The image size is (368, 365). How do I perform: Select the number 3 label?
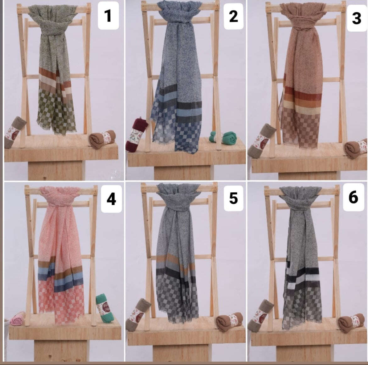(356, 18)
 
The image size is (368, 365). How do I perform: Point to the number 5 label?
(233, 198)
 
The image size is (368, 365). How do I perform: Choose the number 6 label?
(353, 197)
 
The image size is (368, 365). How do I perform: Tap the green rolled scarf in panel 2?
(225, 138)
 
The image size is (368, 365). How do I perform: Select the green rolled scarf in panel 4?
(103, 307)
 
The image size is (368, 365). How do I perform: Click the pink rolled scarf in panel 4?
(18, 318)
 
